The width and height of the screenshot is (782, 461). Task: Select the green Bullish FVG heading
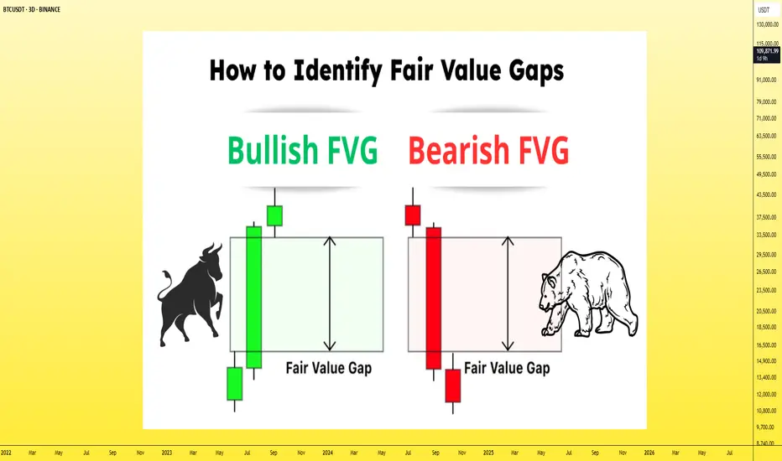click(302, 149)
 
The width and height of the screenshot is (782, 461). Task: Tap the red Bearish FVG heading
click(488, 149)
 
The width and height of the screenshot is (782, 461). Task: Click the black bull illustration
click(190, 294)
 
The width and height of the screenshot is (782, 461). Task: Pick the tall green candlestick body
click(254, 298)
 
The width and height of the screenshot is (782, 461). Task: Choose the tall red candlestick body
click(434, 298)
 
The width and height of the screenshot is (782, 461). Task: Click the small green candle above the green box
click(275, 215)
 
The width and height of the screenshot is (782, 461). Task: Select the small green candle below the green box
click(235, 384)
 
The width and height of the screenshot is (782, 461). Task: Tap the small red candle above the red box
click(413, 215)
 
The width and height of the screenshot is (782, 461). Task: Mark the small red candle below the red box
click(453, 386)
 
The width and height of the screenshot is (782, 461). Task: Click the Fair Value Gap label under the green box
click(329, 368)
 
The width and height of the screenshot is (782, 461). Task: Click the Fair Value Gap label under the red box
click(507, 368)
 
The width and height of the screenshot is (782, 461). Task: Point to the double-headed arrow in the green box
click(330, 293)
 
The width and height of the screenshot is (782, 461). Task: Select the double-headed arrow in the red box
click(508, 293)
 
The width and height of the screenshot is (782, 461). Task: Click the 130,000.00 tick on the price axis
click(767, 24)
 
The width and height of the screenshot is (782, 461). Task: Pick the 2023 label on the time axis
click(167, 453)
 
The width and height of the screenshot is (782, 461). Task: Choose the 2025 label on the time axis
click(488, 453)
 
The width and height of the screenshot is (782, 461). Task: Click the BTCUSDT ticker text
click(14, 9)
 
